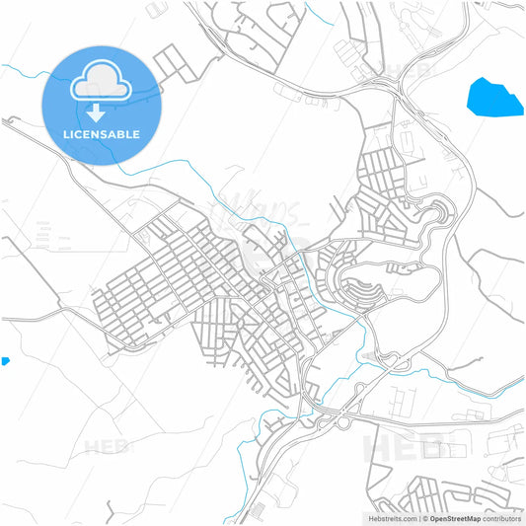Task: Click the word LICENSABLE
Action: click(x=100, y=134)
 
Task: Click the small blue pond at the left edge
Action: click(x=4, y=361)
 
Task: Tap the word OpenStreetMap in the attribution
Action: click(x=453, y=517)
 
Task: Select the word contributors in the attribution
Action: click(x=502, y=517)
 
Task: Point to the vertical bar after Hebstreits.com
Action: click(x=417, y=517)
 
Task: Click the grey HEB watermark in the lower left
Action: click(x=107, y=447)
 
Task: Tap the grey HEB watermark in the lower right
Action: click(x=405, y=444)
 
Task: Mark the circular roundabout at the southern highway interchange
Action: click(x=343, y=422)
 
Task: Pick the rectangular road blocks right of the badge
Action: click(x=176, y=65)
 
